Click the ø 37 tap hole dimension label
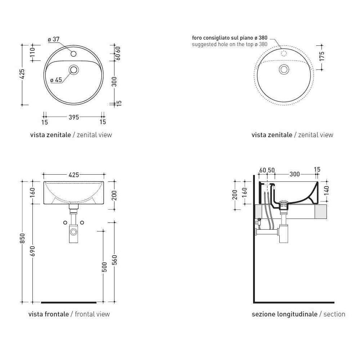click(x=54, y=39)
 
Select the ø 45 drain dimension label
click(x=56, y=80)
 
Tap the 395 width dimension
click(x=74, y=117)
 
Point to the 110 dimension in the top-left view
click(x=32, y=52)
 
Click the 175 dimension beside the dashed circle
click(x=322, y=56)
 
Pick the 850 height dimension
click(x=22, y=238)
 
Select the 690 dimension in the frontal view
click(x=33, y=251)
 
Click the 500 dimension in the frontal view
click(x=104, y=267)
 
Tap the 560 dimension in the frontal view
click(x=114, y=260)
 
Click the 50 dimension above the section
click(x=271, y=170)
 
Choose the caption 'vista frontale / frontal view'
click(x=69, y=314)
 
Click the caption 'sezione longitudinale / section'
click(x=298, y=314)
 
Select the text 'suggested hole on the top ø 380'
click(x=230, y=44)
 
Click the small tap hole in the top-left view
click(x=73, y=54)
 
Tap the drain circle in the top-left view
click(x=74, y=69)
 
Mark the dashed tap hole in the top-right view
click(x=284, y=54)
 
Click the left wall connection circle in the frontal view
click(x=65, y=222)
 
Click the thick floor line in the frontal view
click(x=69, y=303)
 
